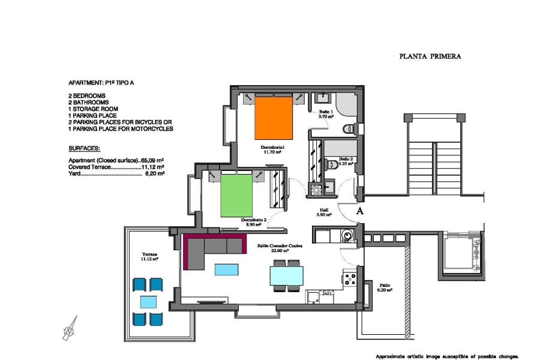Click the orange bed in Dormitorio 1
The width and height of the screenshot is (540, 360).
pos(274,118)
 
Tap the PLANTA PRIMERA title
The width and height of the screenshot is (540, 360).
pos(430,56)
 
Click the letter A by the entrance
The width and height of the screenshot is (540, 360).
pos(360,211)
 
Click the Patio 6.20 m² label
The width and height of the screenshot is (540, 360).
pos(385,287)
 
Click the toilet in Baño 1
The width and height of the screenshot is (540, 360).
pos(349,129)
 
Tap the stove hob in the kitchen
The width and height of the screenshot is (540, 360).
pos(350,277)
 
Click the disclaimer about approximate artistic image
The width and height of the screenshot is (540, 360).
pos(446,356)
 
